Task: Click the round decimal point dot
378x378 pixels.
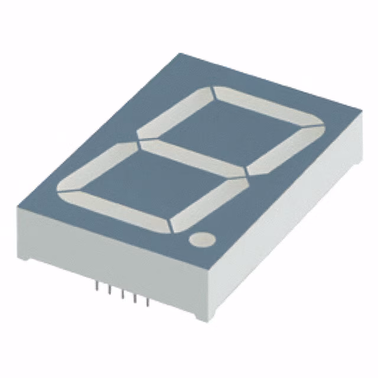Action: pyautogui.click(x=202, y=239)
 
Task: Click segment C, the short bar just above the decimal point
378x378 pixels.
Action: pyautogui.click(x=209, y=201)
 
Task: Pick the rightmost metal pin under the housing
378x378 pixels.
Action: pyautogui.click(x=148, y=303)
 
